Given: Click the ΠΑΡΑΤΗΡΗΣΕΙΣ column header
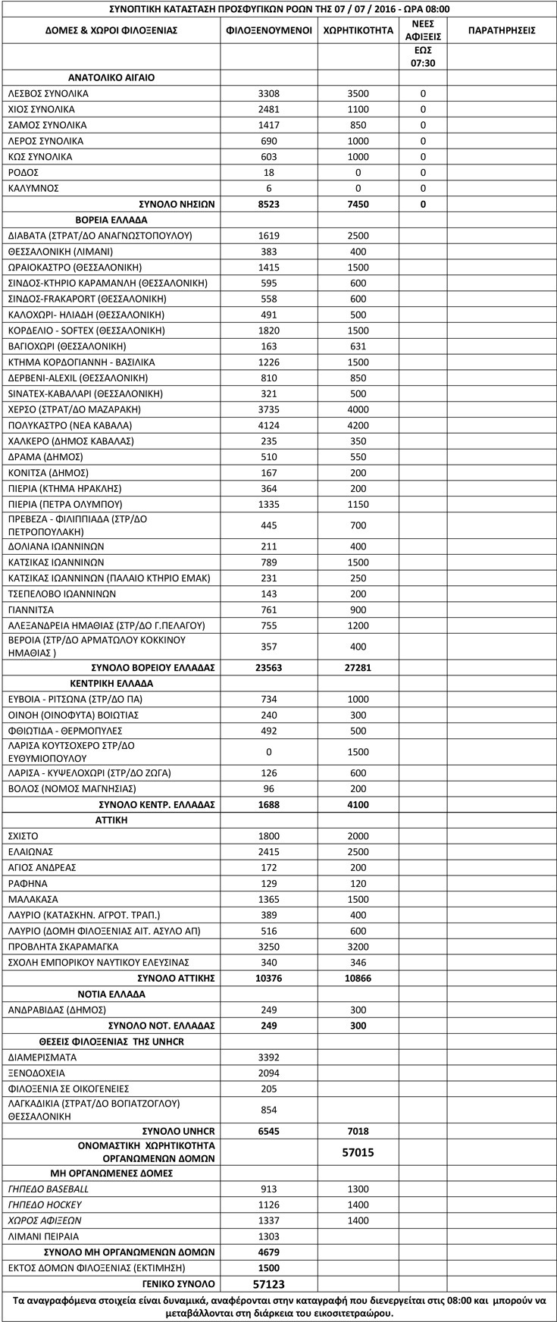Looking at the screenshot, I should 502,30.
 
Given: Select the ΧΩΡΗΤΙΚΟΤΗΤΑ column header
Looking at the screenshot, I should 357,30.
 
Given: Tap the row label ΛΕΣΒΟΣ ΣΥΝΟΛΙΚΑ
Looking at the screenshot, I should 48,93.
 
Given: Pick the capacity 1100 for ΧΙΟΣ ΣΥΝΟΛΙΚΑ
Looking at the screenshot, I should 357,109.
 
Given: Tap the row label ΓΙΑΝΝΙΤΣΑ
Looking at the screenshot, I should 31,609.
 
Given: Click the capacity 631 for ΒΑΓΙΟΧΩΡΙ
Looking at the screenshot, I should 357,346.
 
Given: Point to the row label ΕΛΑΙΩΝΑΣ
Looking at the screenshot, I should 30,852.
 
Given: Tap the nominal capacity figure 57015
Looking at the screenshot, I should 357,1152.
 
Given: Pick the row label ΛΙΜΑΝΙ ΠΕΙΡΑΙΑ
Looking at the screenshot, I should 43,1236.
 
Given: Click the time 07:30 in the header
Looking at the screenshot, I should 424,64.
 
